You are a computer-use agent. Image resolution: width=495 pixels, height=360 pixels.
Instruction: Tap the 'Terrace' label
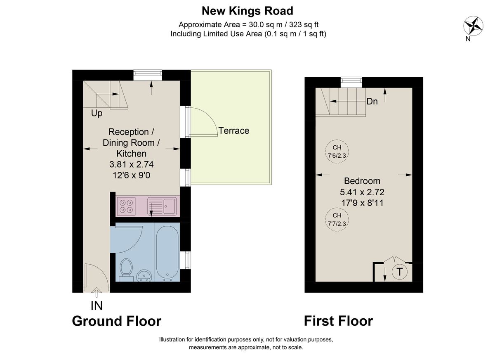233,131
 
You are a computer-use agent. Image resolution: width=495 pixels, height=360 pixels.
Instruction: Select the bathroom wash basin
144,275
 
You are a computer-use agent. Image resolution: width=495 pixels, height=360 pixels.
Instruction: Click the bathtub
167,252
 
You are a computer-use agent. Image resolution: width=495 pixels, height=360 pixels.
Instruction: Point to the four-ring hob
126,206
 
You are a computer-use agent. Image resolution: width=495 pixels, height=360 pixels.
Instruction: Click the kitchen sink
164,206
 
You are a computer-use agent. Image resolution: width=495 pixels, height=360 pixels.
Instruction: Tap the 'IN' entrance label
96,306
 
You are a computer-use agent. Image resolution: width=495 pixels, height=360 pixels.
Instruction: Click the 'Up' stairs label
97,113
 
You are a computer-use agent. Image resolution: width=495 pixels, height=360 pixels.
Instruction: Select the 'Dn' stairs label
372,102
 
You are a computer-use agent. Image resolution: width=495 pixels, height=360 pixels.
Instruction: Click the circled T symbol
399,272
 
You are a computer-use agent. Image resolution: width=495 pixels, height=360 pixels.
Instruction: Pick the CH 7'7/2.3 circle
337,219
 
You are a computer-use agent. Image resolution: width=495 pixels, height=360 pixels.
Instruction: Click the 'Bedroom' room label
362,181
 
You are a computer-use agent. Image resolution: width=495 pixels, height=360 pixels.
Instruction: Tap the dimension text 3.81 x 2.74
131,164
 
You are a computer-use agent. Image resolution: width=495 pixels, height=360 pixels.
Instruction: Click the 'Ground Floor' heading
116,321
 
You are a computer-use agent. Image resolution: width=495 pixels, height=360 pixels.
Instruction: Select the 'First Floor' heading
338,321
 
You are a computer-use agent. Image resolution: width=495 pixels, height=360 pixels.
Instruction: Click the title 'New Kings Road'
247,11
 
